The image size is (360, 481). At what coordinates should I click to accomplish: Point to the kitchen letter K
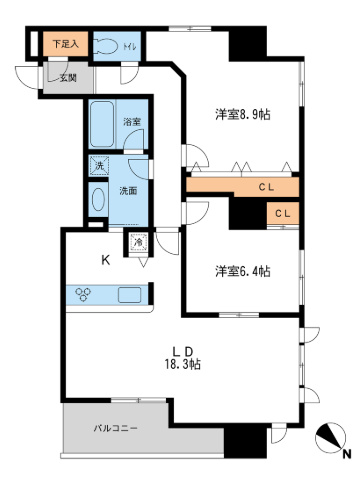click(x=104, y=261)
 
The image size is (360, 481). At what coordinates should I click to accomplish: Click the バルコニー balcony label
click(x=116, y=428)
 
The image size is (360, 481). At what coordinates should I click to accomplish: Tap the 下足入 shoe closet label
click(x=66, y=43)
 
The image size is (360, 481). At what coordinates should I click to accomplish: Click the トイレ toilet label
click(x=129, y=45)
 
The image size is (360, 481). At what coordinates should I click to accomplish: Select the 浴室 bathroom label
click(x=132, y=122)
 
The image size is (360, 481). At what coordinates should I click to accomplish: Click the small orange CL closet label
click(x=283, y=212)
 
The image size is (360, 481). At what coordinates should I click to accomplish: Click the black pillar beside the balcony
click(x=240, y=441)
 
